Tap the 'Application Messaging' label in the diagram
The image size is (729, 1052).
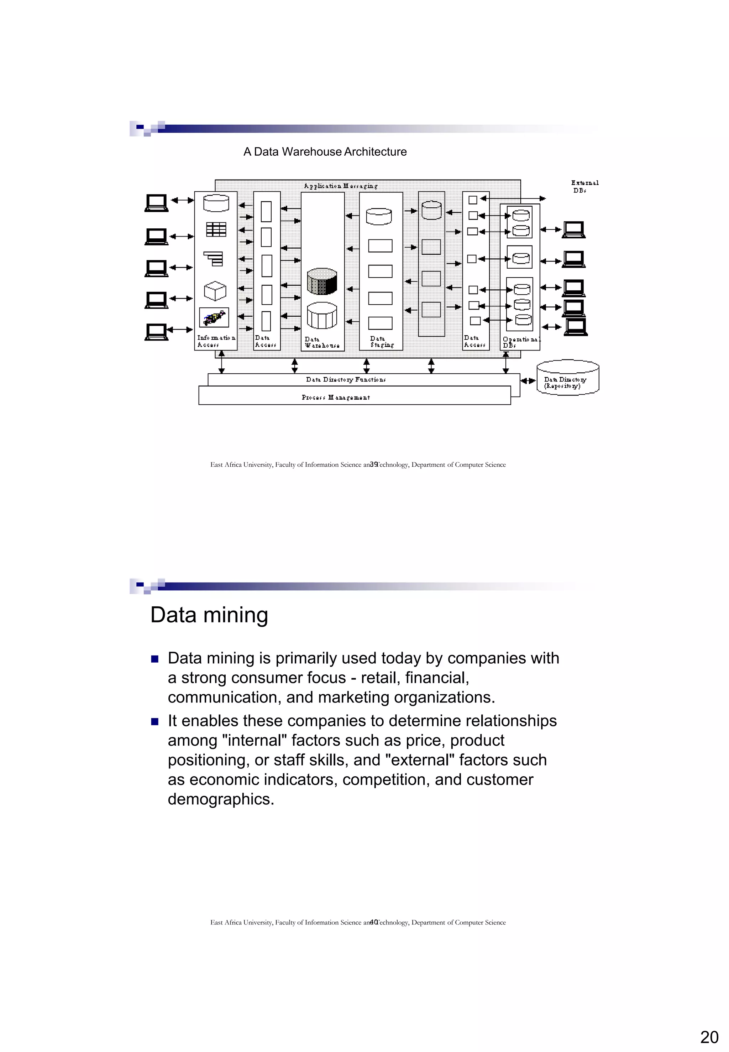(341, 186)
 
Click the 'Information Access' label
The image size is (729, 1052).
(216, 341)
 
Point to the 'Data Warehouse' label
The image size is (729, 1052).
(322, 342)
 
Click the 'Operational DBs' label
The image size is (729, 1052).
(521, 342)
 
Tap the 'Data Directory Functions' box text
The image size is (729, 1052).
(346, 379)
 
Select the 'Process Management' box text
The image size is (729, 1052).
(336, 397)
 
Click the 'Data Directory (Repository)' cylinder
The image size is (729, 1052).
(568, 378)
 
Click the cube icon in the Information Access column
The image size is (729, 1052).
(215, 290)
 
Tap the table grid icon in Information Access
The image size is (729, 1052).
(216, 229)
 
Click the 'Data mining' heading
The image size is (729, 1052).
(209, 615)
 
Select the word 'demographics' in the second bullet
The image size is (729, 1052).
(221, 799)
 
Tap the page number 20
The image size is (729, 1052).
(709, 1037)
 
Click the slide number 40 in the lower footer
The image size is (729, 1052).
(374, 922)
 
